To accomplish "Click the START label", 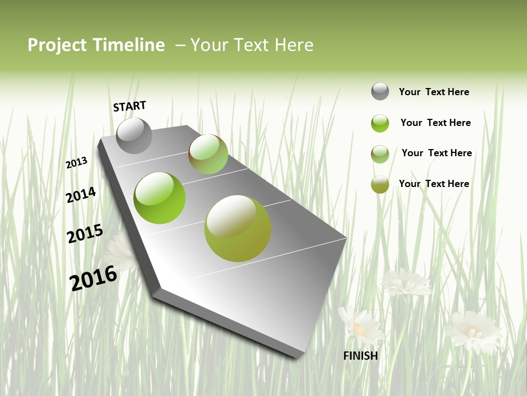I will click(130, 106).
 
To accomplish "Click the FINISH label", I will click(361, 356).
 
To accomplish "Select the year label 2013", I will click(76, 163).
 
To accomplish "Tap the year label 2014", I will click(81, 195).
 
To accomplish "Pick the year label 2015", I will click(85, 234).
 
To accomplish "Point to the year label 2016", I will click(93, 278).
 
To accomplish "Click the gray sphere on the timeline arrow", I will click(134, 135).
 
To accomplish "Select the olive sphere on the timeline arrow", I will click(238, 228).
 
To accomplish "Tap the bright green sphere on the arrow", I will click(160, 198).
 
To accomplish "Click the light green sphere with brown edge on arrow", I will click(208, 154).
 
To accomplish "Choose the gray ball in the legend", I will click(380, 91).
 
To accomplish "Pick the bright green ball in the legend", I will click(380, 123).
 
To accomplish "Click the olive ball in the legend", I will click(380, 184).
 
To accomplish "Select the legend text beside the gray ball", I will click(434, 92).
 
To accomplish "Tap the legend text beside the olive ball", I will click(434, 184).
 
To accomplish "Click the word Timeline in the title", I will click(129, 45).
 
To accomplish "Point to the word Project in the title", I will click(58, 45).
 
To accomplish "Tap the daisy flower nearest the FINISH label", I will click(360, 326).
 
